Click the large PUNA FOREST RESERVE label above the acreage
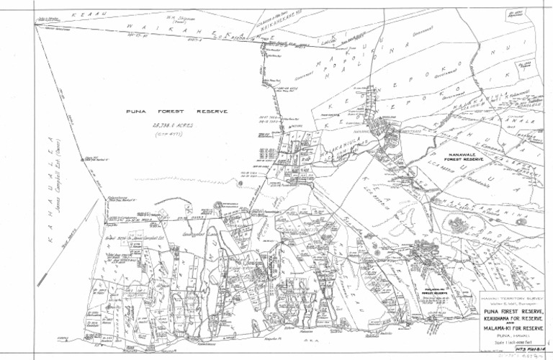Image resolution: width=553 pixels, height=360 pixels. click(176, 112)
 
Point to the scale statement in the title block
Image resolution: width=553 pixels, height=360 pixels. click(513, 343)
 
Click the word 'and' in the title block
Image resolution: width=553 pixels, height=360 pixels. click(513, 323)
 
